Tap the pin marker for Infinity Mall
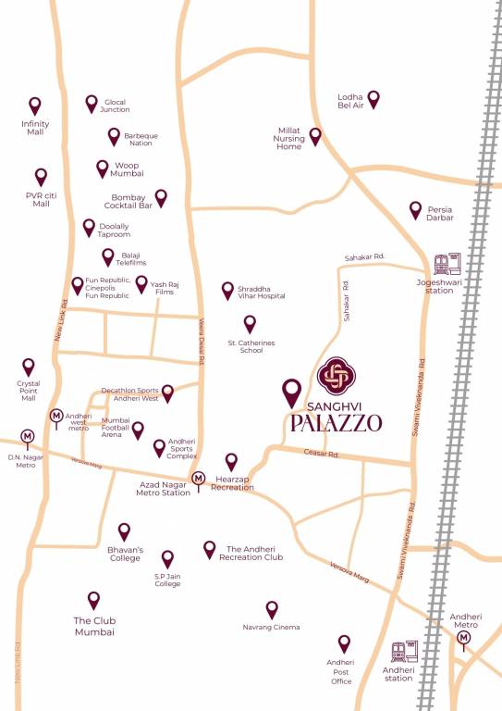coord(35,106)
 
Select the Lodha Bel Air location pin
coord(373,98)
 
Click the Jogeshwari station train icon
coord(448,264)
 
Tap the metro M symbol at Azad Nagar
coord(197,479)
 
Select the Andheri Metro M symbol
coord(464,637)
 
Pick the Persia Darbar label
coord(440,215)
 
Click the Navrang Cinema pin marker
coord(272,609)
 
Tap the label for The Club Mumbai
coord(94,626)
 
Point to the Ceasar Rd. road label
coord(322,453)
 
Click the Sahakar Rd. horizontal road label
coord(363,256)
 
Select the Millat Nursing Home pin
coord(315,137)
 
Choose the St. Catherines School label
coord(251,347)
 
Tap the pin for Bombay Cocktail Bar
coord(161,197)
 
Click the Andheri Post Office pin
coord(344,643)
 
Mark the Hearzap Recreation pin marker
coord(232,461)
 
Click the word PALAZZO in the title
coord(336,424)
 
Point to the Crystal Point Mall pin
coord(29,368)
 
